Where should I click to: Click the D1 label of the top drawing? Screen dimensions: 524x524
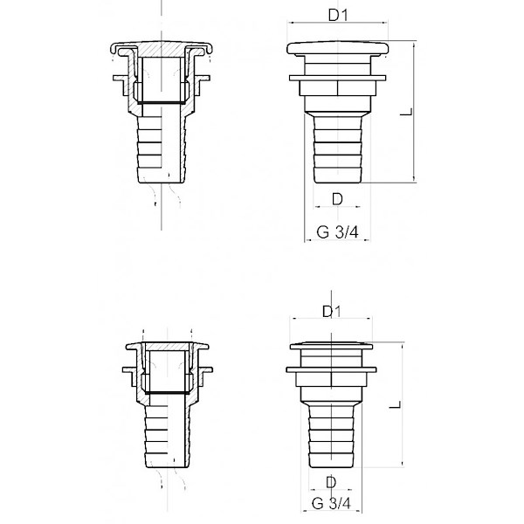coord(338,15)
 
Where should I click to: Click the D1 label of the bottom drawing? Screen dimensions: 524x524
coord(332,312)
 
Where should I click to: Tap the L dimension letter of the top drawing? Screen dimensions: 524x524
coord(406,112)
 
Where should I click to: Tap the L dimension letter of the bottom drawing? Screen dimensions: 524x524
coord(395,404)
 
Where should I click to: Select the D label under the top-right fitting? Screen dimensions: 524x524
coord(337,199)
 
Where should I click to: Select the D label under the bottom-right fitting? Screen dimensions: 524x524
coord(331,482)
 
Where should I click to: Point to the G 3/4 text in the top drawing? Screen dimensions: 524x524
coord(337,232)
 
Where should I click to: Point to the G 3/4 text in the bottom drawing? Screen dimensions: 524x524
coord(331,503)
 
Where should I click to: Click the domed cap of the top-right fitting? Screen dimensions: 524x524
coord(337,48)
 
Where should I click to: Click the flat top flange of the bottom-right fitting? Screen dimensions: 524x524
coord(331,346)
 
